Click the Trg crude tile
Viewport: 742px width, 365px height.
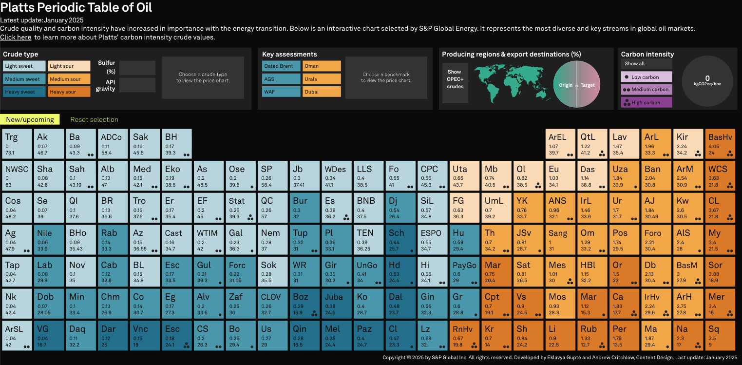(x=17, y=143)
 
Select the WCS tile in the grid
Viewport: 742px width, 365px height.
(x=720, y=175)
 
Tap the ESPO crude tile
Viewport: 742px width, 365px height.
(x=432, y=239)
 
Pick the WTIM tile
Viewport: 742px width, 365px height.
(x=209, y=239)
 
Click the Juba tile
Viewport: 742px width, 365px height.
(x=337, y=303)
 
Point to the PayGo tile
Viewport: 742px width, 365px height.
(x=464, y=271)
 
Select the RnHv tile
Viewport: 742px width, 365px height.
(x=464, y=335)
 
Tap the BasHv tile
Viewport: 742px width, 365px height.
(x=720, y=143)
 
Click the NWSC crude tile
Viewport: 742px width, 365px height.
(x=17, y=175)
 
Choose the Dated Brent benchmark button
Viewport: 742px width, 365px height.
(x=281, y=66)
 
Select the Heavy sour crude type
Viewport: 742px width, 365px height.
(x=69, y=92)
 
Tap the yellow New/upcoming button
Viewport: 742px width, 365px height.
(x=30, y=119)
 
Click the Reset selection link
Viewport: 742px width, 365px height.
(x=94, y=119)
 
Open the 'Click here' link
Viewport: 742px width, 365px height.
(x=16, y=37)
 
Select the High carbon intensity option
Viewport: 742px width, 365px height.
(x=646, y=102)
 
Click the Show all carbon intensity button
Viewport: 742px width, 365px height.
(x=646, y=64)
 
